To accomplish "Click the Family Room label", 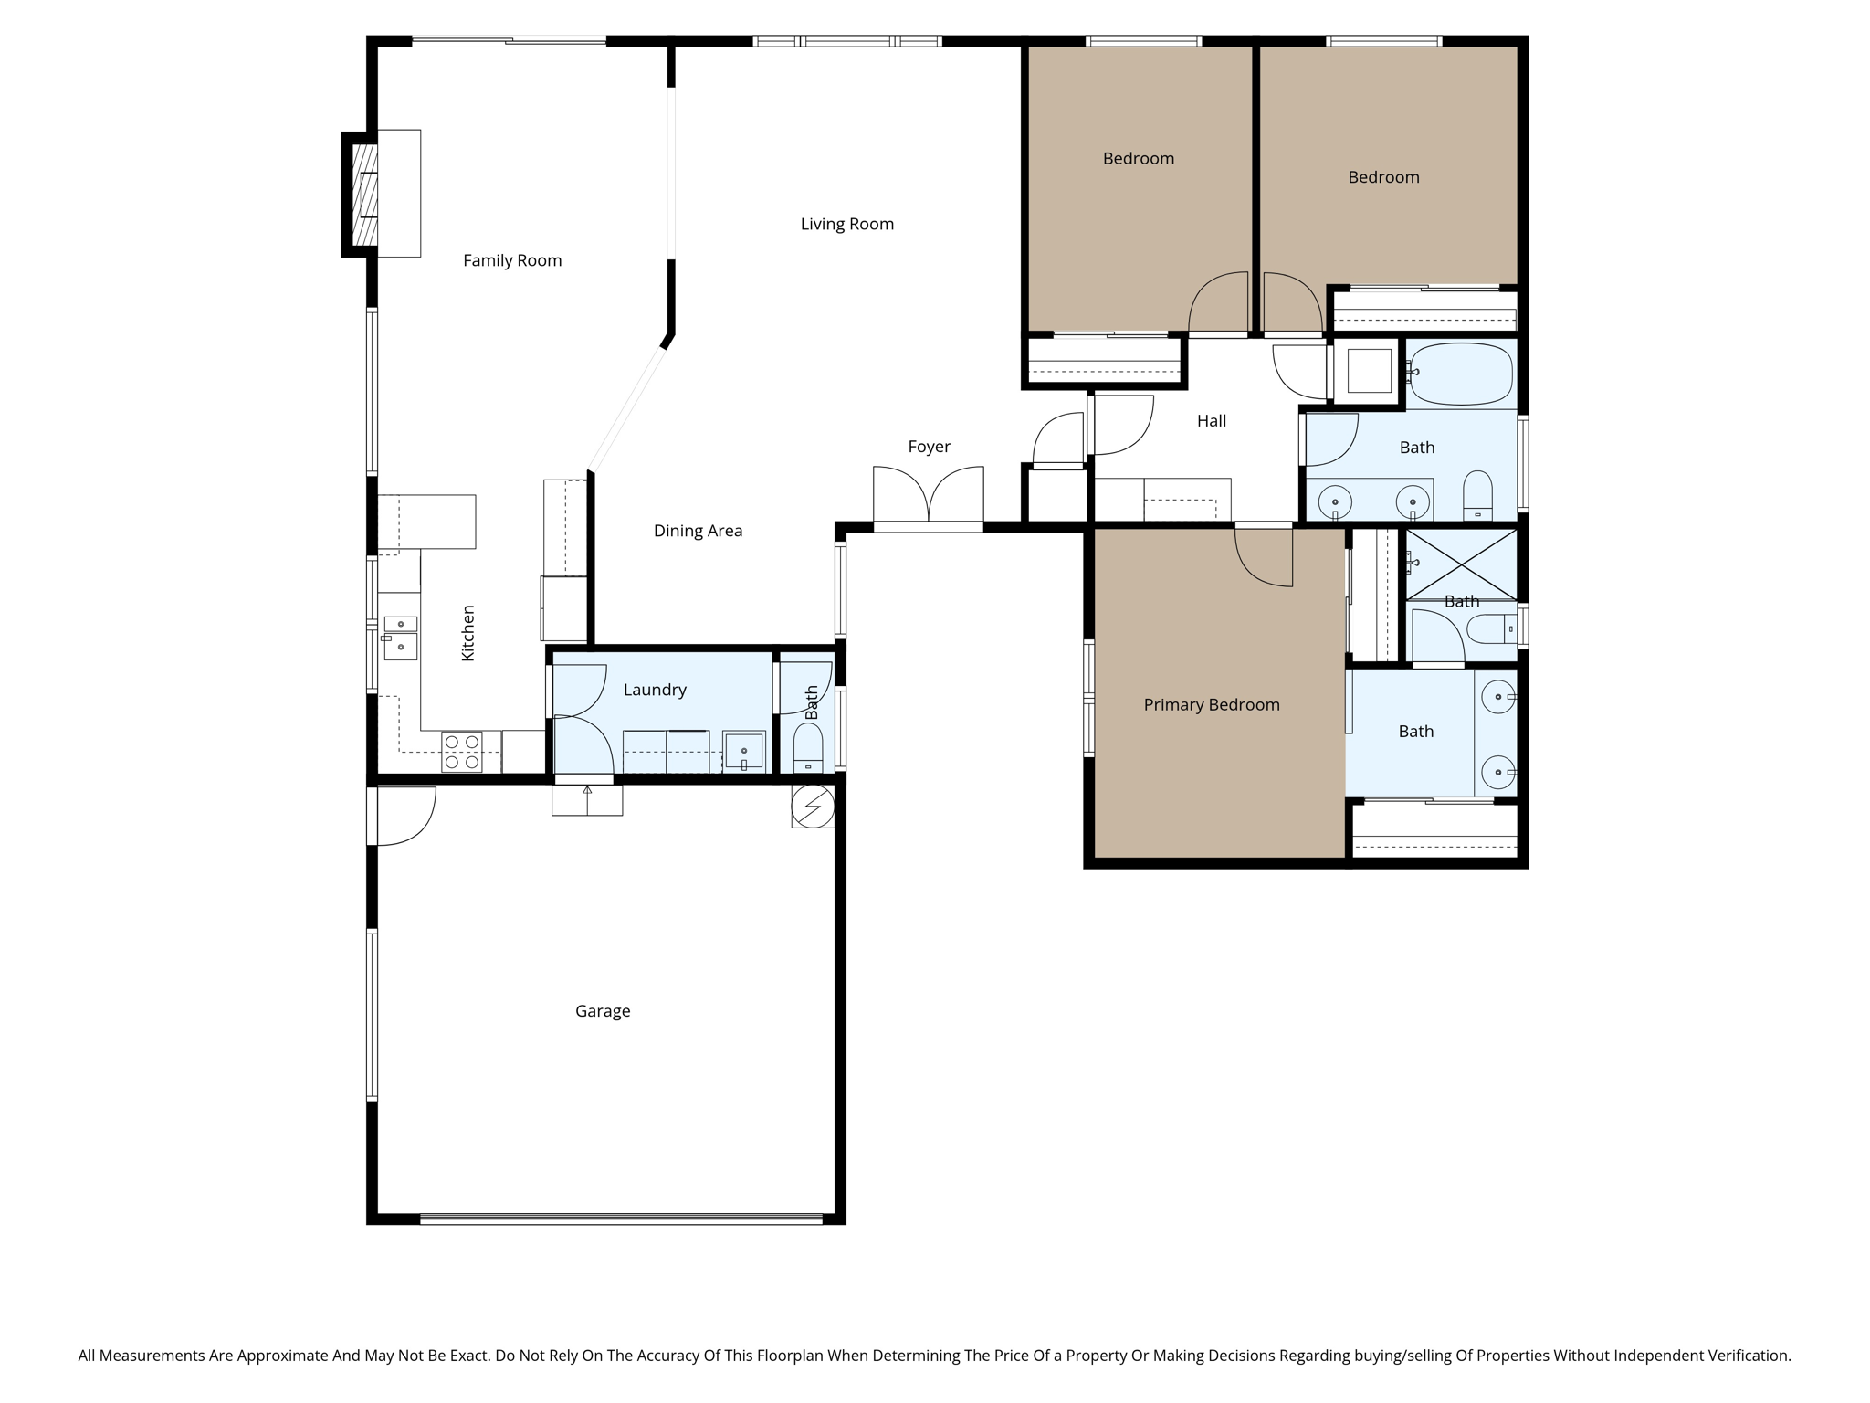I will point(511,261).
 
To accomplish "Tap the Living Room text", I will point(846,225).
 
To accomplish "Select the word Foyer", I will point(929,447).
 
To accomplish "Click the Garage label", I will point(603,1011).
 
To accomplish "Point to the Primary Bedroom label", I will point(1211,705).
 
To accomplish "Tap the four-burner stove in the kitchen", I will point(461,752).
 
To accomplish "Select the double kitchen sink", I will point(400,638).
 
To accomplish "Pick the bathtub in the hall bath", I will point(1461,374).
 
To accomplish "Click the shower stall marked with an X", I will point(1461,564).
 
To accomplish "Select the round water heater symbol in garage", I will point(813,807).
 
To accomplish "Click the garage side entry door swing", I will point(404,815).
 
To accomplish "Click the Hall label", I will point(1211,421).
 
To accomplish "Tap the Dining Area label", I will point(698,532).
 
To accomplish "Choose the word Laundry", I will point(655,691).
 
